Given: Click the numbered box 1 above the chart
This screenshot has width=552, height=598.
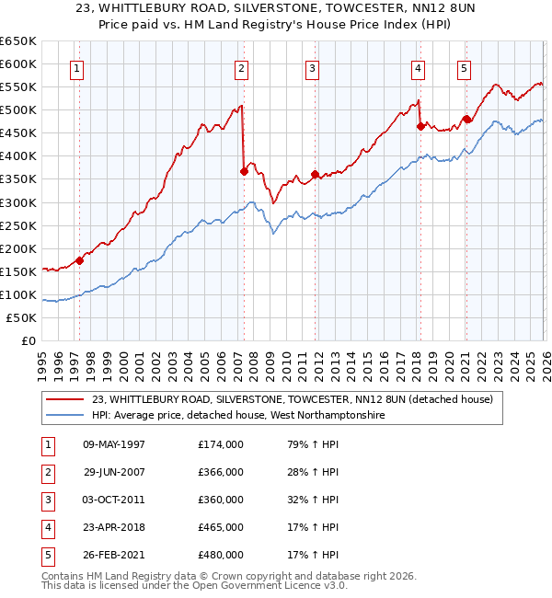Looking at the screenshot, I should [76, 68].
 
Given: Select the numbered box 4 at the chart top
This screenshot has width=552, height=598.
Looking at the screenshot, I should [418, 68].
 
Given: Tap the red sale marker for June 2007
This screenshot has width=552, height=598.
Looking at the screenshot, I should [244, 170].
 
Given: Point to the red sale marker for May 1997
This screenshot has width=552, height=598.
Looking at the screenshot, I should [80, 259].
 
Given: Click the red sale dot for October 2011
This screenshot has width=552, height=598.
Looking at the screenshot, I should [315, 173].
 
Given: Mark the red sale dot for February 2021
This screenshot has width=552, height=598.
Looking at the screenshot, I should [466, 118].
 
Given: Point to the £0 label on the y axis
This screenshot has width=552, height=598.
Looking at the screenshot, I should [29, 340].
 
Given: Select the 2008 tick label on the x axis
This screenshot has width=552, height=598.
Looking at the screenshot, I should [253, 360].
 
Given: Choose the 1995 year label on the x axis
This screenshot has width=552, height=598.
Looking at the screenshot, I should [42, 360].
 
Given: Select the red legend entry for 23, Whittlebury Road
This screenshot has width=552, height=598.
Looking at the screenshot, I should [293, 399].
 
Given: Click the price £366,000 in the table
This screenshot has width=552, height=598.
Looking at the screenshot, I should [221, 472].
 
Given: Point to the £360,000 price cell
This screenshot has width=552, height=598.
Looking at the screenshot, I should [221, 500].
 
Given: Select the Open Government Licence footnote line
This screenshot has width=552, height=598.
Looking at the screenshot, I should [181, 585].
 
